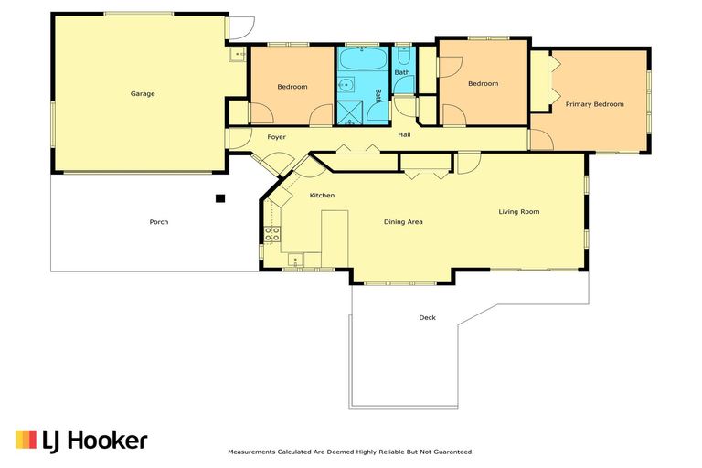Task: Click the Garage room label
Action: [x=143, y=93]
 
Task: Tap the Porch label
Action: [x=159, y=222]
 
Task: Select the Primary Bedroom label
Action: [x=594, y=104]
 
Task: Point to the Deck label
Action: [x=427, y=317]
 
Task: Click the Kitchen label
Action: [x=322, y=196]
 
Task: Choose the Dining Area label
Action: [x=403, y=222]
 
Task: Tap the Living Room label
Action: [x=519, y=212]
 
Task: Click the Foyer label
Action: [x=276, y=137]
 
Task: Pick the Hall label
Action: [x=404, y=134]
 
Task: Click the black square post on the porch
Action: [x=219, y=198]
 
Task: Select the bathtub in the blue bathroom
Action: [x=363, y=58]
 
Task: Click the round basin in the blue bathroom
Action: [x=346, y=85]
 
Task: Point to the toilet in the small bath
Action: [x=403, y=56]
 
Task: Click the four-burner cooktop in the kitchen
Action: [x=271, y=234]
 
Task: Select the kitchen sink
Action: [x=295, y=260]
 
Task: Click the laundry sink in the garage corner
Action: [x=238, y=55]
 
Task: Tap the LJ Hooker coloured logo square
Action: [x=26, y=440]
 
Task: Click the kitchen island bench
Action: [x=335, y=239]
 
